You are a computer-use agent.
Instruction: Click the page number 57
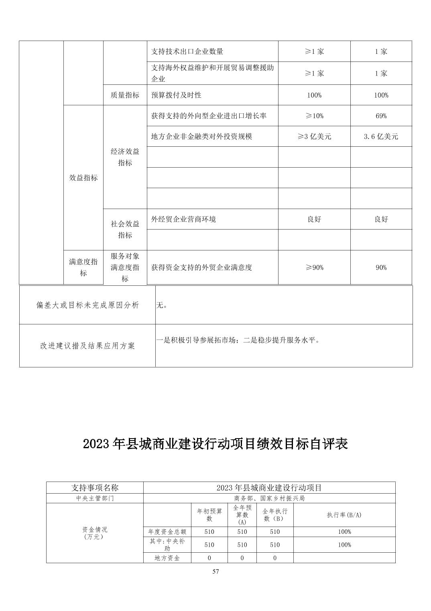(215, 572)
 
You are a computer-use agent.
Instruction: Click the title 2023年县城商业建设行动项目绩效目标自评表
(215, 444)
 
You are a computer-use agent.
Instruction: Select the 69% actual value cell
(381, 116)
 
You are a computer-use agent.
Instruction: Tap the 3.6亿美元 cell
(381, 137)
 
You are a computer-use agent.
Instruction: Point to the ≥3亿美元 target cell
(314, 137)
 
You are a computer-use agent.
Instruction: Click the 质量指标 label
(125, 95)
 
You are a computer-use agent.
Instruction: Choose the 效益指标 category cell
(83, 178)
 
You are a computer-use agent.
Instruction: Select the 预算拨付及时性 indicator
(176, 95)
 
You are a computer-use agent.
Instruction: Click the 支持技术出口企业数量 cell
(187, 51)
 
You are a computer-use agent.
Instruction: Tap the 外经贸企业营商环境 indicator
(183, 219)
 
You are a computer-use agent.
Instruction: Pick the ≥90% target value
(314, 267)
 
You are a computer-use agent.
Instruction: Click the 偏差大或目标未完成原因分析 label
(87, 305)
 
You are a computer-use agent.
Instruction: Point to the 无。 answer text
(162, 305)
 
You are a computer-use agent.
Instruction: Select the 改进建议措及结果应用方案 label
(87, 346)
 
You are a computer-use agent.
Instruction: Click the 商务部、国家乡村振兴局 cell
(269, 498)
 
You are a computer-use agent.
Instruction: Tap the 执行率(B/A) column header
(344, 515)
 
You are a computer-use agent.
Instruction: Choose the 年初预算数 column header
(209, 515)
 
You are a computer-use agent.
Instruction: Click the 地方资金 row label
(167, 558)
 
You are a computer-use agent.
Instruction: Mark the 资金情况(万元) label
(95, 533)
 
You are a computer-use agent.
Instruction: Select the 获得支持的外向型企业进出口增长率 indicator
(209, 116)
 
